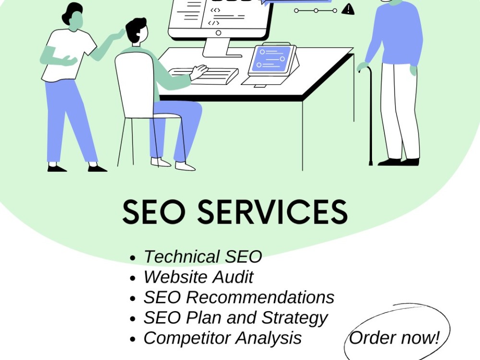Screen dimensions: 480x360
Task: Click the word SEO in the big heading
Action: [154, 211]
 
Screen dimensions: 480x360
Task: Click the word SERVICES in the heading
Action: [273, 211]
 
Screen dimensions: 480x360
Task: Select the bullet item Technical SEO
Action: [203, 256]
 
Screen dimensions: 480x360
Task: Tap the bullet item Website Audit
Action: [198, 277]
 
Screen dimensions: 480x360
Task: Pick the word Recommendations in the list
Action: [260, 297]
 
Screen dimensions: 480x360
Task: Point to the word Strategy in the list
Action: [295, 318]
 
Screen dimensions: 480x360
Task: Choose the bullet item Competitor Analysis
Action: [223, 338]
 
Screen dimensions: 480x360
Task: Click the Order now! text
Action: [394, 337]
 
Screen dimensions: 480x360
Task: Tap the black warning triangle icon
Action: [348, 10]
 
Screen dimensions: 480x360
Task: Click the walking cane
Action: [370, 116]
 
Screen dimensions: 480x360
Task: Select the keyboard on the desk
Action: [203, 76]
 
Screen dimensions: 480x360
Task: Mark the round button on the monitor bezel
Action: [218, 33]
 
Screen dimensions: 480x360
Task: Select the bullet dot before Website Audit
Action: [132, 278]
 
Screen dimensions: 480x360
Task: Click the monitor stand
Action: [219, 48]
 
